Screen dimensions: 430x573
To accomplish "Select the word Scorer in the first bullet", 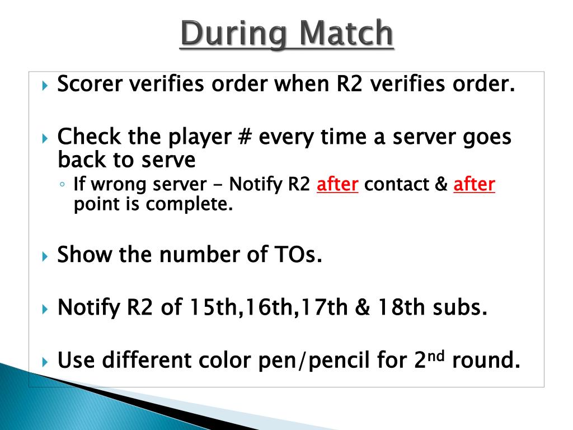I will pos(91,85).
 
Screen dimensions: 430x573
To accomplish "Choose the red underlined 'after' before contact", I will pos(337,184).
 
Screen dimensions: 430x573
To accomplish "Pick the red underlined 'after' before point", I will pos(474,184).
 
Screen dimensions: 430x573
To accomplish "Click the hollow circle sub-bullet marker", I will pos(64,185).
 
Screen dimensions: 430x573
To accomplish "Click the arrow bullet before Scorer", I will pos(46,86).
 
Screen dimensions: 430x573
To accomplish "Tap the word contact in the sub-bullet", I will pos(397,184).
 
